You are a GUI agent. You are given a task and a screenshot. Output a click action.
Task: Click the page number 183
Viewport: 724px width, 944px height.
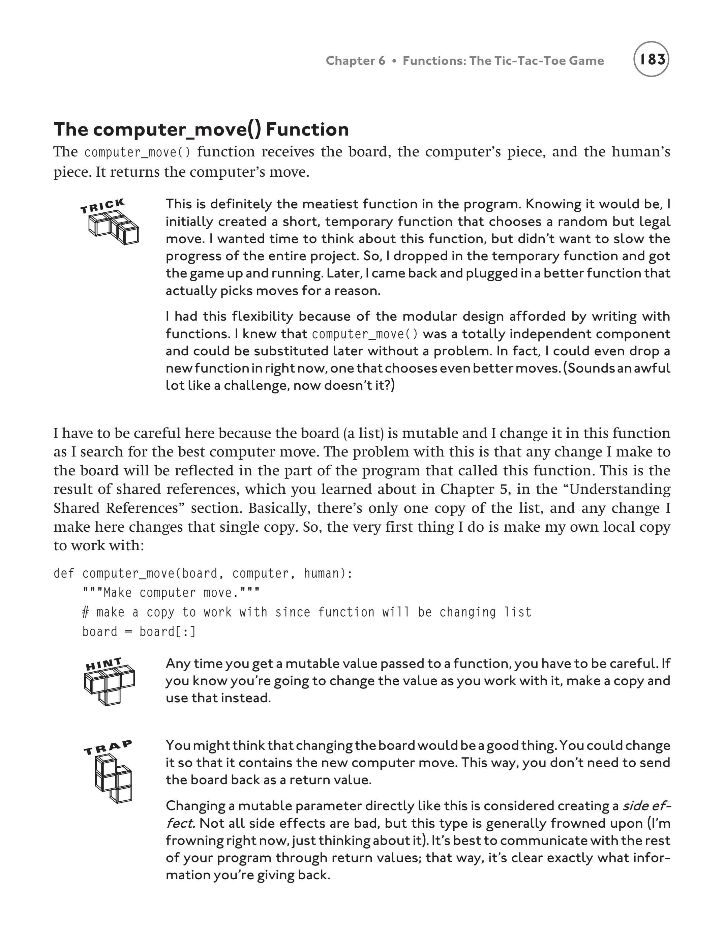(x=651, y=59)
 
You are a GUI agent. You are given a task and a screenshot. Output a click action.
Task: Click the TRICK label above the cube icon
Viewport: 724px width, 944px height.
(x=102, y=206)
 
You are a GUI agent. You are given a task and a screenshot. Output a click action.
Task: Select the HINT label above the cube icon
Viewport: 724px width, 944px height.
(x=104, y=664)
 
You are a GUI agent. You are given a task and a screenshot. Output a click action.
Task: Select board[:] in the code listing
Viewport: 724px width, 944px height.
(x=167, y=632)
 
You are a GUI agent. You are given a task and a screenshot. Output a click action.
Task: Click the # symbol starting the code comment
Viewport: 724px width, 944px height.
(x=85, y=612)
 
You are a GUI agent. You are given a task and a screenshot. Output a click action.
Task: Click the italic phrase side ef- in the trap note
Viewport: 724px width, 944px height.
(x=645, y=806)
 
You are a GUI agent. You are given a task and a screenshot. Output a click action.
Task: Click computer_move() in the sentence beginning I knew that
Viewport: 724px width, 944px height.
(x=365, y=334)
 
